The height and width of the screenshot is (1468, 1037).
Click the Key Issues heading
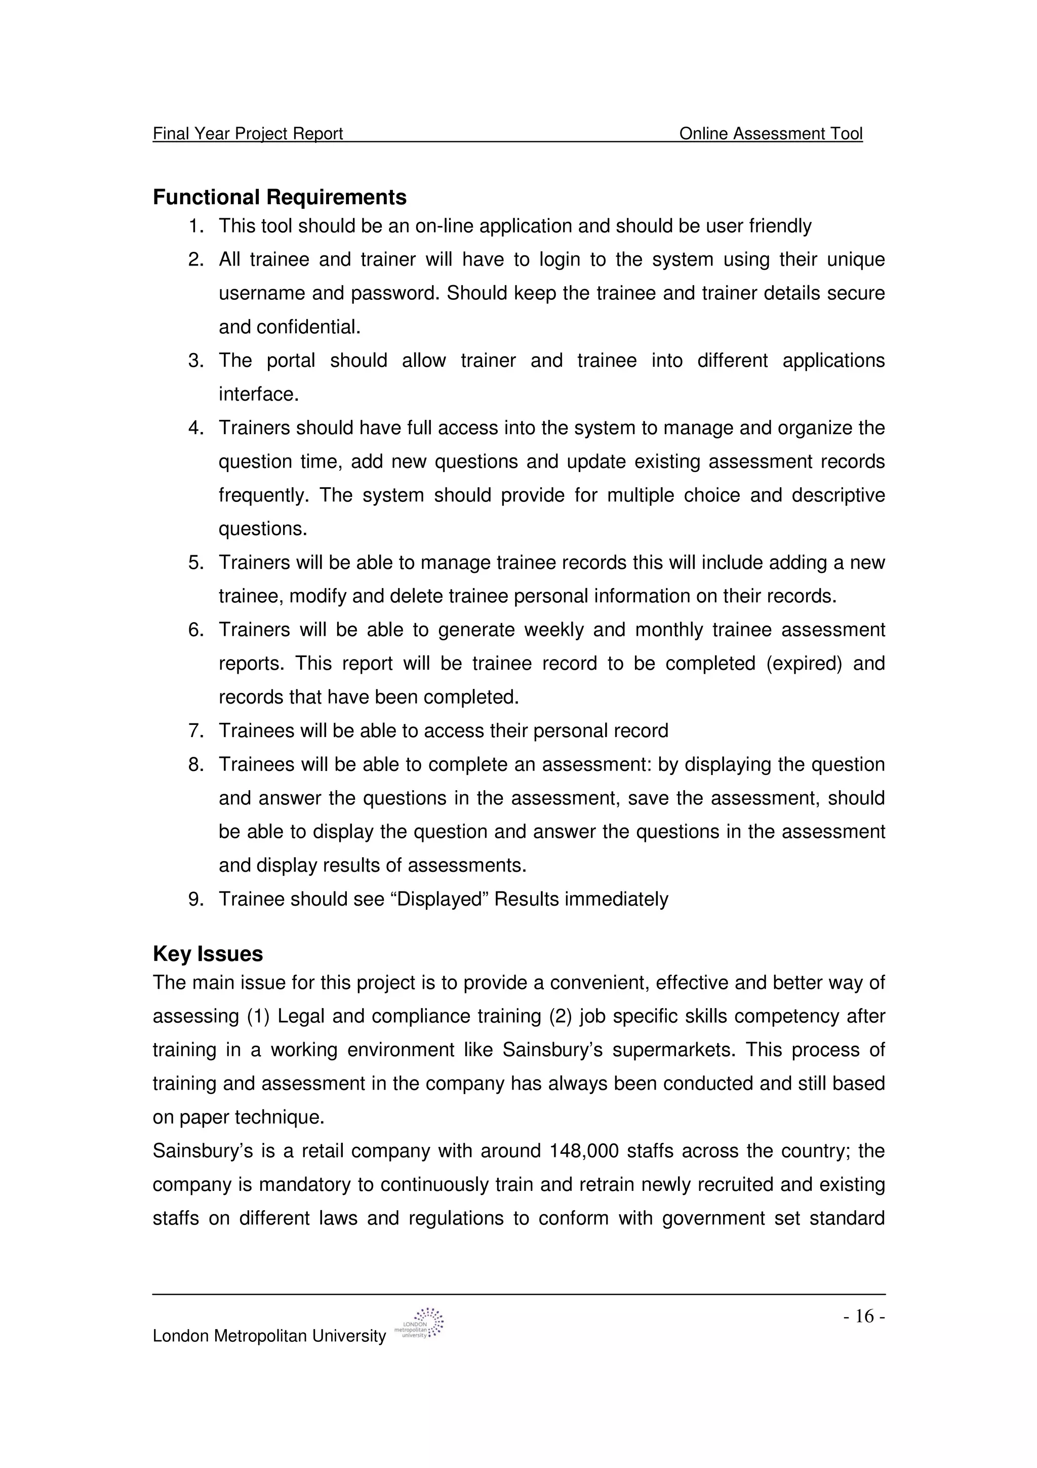[208, 953]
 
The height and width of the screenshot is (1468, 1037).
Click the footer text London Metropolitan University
[269, 1336]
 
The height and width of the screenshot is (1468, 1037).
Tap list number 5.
[195, 563]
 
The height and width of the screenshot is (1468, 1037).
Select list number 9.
[195, 899]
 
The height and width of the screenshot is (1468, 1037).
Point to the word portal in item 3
[291, 361]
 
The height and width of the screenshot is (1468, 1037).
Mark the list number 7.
[195, 731]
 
